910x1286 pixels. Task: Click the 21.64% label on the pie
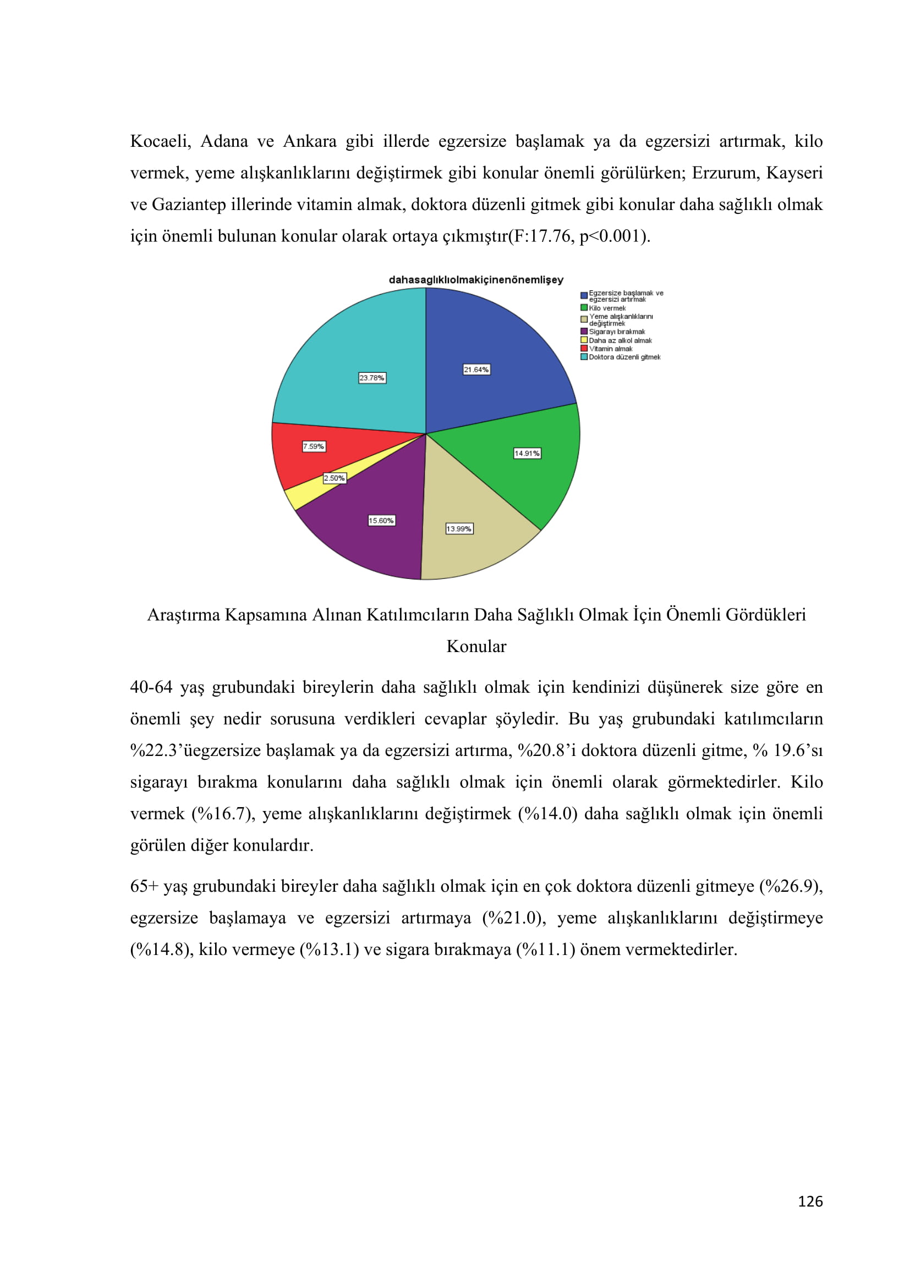476,369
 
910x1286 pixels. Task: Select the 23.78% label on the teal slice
372,378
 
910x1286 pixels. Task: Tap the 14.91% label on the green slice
527,453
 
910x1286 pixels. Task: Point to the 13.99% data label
459,529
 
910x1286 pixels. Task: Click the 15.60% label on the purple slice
381,520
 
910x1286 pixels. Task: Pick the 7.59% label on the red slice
314,446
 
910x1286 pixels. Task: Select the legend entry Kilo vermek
607,308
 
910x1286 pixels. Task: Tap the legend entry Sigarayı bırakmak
616,332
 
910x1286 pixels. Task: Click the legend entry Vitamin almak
610,349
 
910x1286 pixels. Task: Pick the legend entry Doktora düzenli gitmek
624,357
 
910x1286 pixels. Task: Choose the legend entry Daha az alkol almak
620,340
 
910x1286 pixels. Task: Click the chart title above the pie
476,279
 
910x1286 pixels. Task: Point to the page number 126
810,1201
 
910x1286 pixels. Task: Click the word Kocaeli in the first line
160,141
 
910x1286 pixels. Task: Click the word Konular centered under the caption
476,647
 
